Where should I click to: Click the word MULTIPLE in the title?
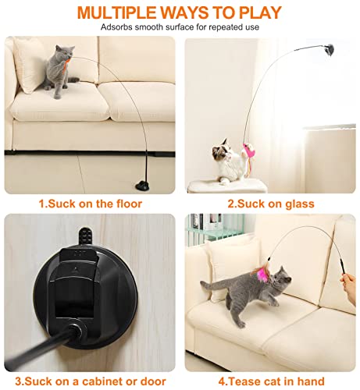[117, 12]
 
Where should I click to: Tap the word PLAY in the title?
[260, 12]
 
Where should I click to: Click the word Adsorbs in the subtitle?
[116, 27]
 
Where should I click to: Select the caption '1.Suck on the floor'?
[91, 204]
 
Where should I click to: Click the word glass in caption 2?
[300, 204]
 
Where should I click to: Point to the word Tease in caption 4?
[244, 381]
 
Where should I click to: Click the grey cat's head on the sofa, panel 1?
[65, 51]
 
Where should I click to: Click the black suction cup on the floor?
[143, 185]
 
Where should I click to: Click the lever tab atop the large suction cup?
[85, 236]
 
